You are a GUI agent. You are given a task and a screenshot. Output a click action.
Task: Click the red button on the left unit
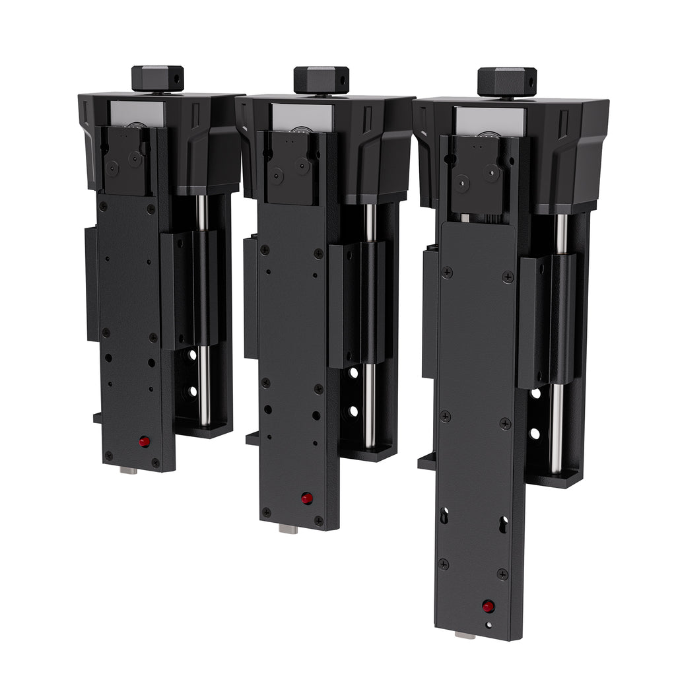[x=144, y=442]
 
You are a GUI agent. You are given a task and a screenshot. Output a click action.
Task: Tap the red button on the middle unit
[x=307, y=498]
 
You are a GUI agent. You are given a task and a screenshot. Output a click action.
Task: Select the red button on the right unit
[x=488, y=606]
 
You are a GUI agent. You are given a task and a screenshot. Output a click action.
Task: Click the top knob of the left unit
[x=157, y=79]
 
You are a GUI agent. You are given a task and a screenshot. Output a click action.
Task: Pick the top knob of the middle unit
[x=321, y=80]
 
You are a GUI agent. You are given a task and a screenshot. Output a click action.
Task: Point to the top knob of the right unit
[x=506, y=82]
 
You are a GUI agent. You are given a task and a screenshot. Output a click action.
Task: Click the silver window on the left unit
[x=137, y=113]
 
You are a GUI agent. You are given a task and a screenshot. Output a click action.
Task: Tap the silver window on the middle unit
[x=302, y=117]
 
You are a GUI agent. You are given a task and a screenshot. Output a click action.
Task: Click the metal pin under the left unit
[x=129, y=470]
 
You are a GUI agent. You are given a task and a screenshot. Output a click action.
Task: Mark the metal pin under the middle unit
[x=288, y=528]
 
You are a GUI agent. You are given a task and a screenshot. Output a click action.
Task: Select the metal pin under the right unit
[x=465, y=635]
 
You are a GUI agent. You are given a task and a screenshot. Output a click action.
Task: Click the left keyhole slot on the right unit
[x=444, y=515]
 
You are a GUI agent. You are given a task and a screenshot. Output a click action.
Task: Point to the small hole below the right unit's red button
[x=489, y=625]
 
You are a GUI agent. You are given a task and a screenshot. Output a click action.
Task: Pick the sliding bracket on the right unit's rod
[x=547, y=320]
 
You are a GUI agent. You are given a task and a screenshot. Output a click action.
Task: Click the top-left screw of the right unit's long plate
[x=447, y=272]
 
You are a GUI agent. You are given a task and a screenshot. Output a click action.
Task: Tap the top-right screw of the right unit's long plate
[x=507, y=277]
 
